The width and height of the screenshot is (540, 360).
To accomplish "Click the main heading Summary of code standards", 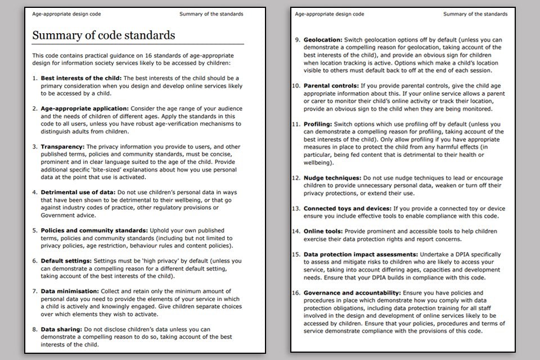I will (x=103, y=35).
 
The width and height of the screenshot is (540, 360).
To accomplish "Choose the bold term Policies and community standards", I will (x=94, y=231).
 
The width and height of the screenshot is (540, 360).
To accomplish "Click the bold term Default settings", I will (x=66, y=261).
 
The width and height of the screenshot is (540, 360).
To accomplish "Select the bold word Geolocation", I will (x=323, y=40).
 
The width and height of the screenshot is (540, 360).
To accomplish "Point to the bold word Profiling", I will (x=318, y=124).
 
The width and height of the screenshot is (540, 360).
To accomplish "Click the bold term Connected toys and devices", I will (x=343, y=208).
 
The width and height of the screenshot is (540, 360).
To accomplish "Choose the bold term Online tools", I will (x=323, y=231).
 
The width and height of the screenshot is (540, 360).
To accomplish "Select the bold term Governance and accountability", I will (x=352, y=293).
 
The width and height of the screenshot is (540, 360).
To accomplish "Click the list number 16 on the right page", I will (x=296, y=293).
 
